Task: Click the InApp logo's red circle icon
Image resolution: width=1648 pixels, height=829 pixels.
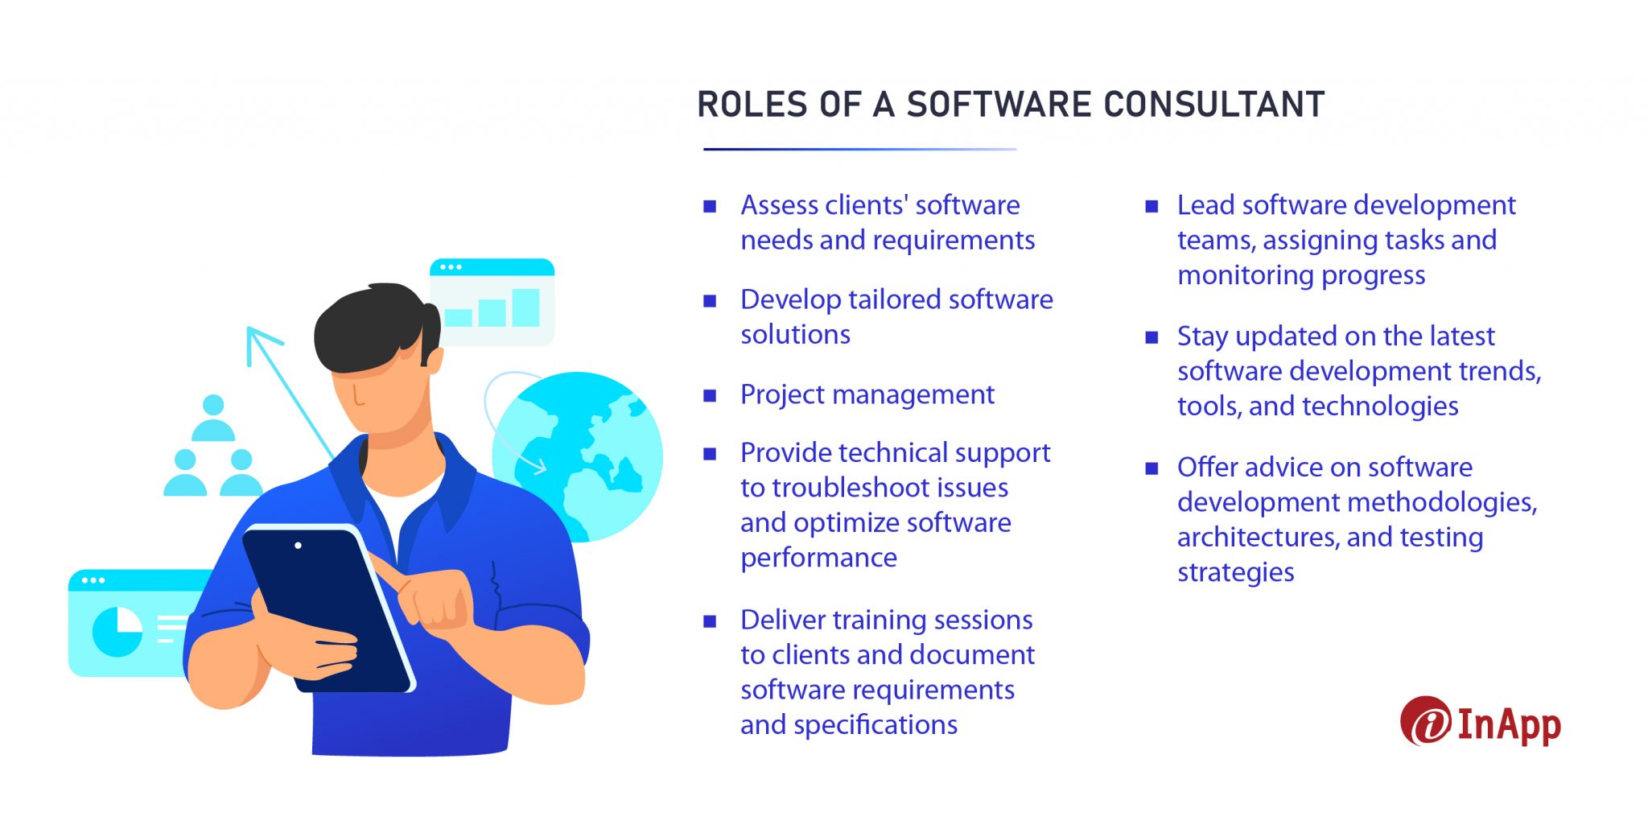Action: click(1426, 721)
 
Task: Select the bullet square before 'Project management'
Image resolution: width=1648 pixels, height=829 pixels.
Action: click(710, 396)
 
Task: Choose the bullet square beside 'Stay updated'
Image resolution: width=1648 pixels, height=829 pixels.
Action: click(1152, 337)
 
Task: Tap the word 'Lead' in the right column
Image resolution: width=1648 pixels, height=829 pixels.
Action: click(1205, 205)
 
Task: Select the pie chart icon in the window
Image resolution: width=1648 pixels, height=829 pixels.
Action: click(117, 631)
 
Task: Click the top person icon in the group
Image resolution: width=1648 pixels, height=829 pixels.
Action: click(213, 418)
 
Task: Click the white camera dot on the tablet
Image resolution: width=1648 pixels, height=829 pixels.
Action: click(299, 546)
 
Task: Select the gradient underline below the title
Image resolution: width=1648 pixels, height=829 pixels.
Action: click(859, 149)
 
